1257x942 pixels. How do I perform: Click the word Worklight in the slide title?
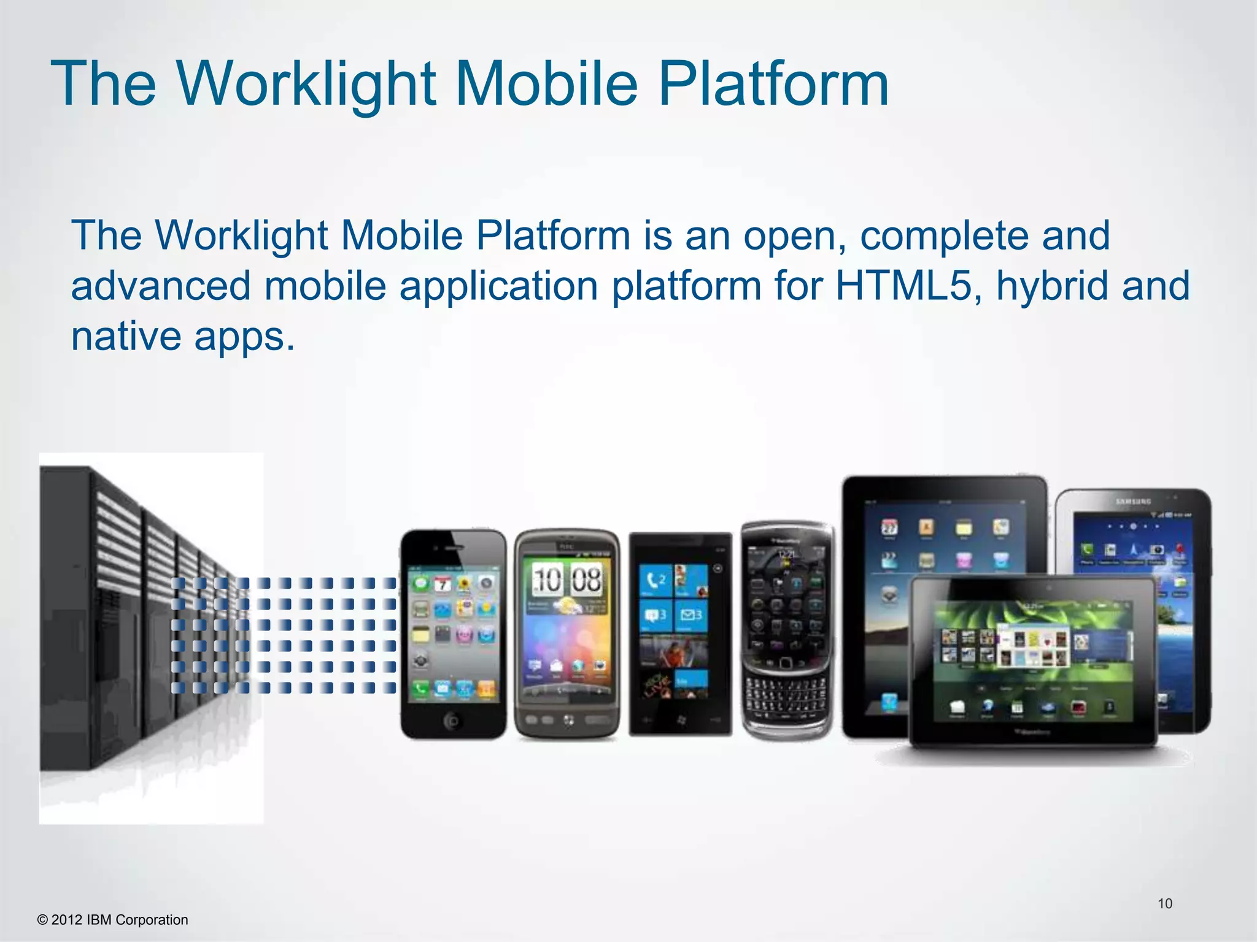pyautogui.click(x=307, y=84)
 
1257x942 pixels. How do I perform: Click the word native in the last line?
pyautogui.click(x=126, y=336)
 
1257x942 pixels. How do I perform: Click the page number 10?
pyautogui.click(x=1164, y=903)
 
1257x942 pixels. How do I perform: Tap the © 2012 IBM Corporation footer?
pyautogui.click(x=113, y=920)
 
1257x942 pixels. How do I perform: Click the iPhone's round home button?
pyautogui.click(x=453, y=721)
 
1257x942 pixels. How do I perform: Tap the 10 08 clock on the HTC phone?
pyautogui.click(x=567, y=578)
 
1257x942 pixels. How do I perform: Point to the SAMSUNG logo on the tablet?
pyautogui.click(x=1132, y=502)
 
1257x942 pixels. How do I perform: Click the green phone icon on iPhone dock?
pyautogui.click(x=420, y=689)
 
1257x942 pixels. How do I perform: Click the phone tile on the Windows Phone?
pyautogui.click(x=656, y=580)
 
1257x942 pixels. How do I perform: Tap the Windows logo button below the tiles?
pyautogui.click(x=681, y=719)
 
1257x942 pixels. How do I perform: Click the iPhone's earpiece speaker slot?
pyautogui.click(x=454, y=546)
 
